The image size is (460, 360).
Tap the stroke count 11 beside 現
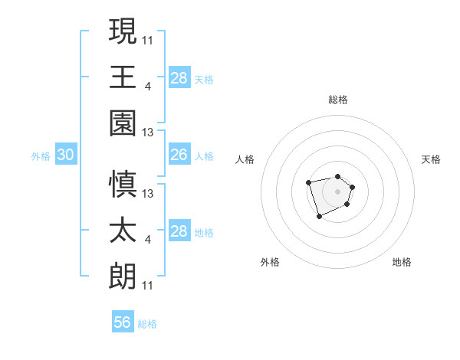coord(148,40)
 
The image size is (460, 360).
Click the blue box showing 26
coord(179,155)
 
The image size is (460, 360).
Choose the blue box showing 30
coord(66,155)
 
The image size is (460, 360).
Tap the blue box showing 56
coord(123,322)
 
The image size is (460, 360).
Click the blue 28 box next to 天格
coord(179,78)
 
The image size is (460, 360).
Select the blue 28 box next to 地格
coord(179,231)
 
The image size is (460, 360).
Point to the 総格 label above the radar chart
coord(337,100)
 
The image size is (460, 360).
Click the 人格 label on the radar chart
coord(245,159)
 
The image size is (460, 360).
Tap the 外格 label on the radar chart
coord(270,262)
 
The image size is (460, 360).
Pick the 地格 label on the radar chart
coord(402,262)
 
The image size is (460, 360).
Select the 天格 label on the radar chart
coord(431,159)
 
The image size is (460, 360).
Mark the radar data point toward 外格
coord(319,217)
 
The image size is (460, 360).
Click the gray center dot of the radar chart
coord(337,191)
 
